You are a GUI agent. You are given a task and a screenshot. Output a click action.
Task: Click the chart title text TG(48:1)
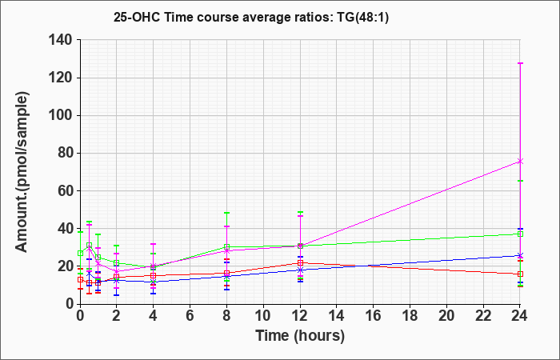point(362,17)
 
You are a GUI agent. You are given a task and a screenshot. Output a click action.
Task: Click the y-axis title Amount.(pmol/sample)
point(22,172)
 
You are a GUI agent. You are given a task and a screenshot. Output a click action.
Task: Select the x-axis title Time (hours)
point(300,336)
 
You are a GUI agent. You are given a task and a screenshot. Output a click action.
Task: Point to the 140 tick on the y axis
point(64,40)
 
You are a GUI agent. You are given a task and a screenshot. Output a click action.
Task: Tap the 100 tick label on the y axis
point(64,116)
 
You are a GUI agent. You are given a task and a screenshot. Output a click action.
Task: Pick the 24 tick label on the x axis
point(520,315)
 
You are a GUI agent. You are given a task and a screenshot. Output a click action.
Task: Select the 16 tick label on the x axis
point(374,315)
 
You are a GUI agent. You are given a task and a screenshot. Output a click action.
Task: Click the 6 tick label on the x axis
point(190,315)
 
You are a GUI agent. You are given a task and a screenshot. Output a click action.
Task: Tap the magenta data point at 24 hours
point(520,162)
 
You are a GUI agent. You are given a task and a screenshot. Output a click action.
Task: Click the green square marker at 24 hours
point(520,234)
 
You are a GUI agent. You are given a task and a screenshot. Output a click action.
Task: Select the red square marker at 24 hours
point(520,274)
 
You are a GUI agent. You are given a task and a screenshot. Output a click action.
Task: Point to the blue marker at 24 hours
point(520,255)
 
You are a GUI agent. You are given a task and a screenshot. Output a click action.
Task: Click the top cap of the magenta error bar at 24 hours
point(520,63)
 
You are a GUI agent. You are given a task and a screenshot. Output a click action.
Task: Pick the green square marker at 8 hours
point(226,246)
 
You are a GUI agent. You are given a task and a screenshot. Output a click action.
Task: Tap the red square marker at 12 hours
point(300,263)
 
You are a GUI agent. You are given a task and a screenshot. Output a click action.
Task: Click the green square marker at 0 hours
point(80,254)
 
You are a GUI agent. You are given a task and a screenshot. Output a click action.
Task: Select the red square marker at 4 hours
point(154,276)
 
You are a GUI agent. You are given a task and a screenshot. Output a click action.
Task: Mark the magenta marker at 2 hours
point(117,271)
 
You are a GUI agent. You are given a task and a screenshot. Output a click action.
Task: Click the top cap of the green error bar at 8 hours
point(226,213)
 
